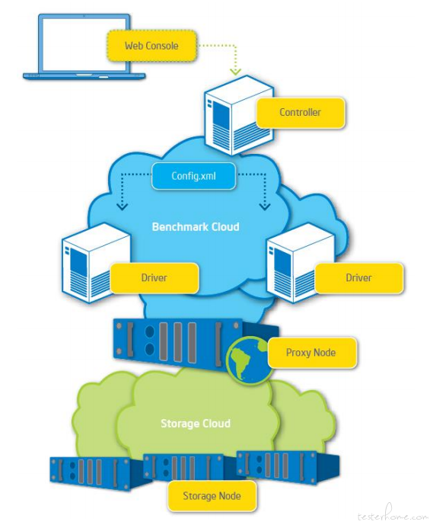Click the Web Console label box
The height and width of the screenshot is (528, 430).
151,46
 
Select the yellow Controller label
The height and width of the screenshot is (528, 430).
301,113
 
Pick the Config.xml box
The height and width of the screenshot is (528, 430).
193,176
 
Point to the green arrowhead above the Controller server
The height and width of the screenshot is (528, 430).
235,72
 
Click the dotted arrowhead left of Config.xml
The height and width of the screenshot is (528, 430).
122,206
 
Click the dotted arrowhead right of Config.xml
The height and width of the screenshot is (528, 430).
265,206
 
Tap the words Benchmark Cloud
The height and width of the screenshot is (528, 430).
196,226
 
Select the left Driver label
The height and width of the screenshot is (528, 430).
154,278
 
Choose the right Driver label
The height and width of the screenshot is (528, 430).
358,278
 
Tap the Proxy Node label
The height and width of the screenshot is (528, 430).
311,353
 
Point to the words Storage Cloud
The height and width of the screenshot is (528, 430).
196,424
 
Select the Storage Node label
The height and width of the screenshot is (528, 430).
212,496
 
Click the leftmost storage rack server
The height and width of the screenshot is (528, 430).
97,473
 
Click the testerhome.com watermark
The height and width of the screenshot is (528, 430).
392,515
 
